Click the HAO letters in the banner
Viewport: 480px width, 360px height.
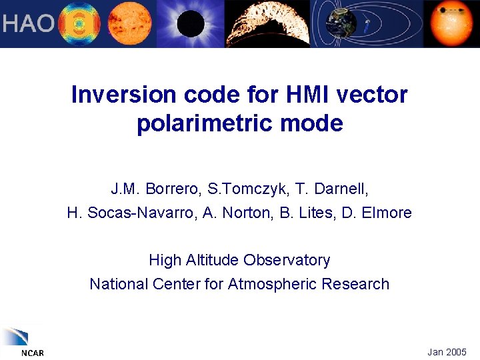[27, 24]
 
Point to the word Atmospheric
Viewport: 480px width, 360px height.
[272, 284]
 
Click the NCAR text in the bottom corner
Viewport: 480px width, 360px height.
[31, 353]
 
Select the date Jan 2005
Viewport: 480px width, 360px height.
[447, 351]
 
